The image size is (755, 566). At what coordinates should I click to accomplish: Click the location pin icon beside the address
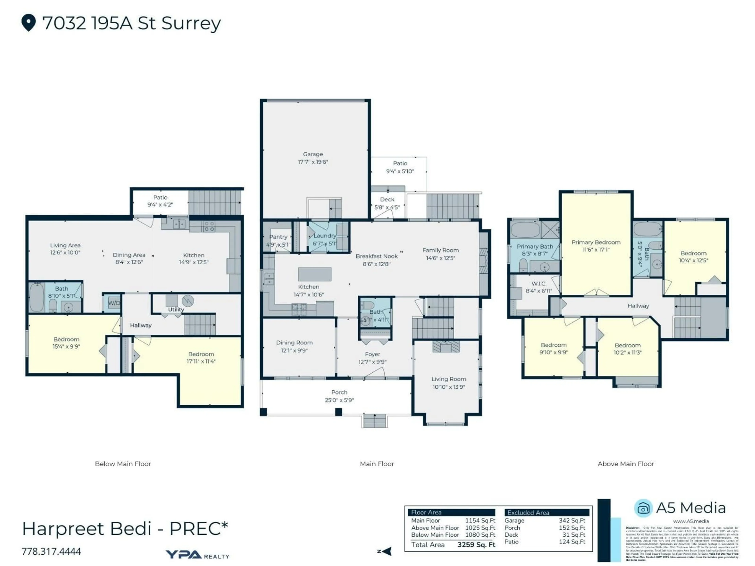point(29,23)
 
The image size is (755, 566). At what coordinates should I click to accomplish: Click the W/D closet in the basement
point(114,303)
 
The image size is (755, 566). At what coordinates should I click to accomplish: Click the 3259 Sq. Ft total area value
point(476,545)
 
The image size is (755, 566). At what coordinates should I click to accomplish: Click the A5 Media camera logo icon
point(643,509)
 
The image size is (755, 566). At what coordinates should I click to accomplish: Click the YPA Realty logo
point(197,555)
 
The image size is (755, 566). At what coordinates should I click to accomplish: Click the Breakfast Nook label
point(377,256)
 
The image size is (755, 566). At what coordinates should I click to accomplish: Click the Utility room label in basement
point(176,310)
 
